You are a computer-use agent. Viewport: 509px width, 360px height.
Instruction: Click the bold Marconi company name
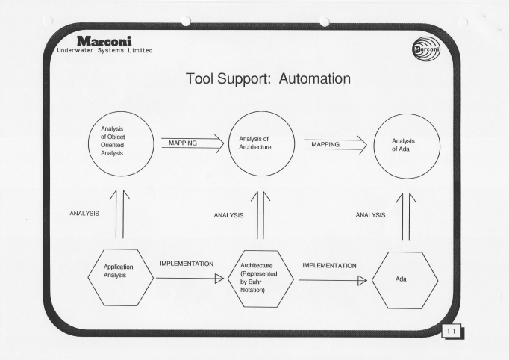[104, 41]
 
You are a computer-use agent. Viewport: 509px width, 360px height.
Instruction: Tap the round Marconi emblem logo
[426, 49]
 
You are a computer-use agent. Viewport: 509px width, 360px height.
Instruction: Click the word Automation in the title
[314, 79]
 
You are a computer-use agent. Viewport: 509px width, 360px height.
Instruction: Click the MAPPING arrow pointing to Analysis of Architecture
[193, 143]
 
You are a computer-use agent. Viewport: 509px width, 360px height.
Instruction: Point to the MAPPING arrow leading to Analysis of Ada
[336, 145]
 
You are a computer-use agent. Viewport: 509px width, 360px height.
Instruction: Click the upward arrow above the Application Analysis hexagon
[119, 214]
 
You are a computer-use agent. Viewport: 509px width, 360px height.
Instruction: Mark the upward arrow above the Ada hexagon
[406, 217]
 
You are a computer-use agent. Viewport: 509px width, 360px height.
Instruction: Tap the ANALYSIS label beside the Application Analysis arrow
[84, 214]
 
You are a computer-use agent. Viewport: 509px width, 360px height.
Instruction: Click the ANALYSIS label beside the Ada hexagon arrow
[370, 215]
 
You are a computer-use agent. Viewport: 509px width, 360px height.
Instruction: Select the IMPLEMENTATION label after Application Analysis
[187, 264]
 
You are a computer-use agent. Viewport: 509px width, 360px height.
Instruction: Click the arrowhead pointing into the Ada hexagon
[362, 280]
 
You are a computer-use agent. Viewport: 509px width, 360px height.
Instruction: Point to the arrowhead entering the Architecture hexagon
[219, 279]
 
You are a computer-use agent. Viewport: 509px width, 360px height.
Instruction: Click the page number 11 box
[452, 332]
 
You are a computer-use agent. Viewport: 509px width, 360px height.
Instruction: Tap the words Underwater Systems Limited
[104, 50]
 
